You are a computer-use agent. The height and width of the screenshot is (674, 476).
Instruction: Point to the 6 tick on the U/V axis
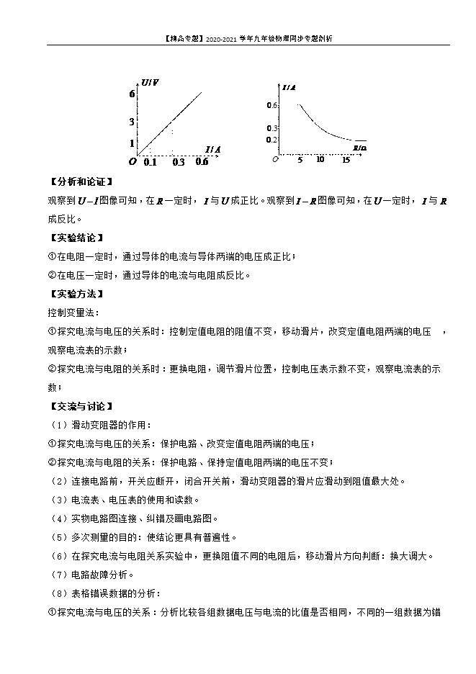tap(133, 94)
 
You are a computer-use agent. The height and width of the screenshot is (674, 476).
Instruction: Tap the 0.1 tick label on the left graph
tap(150, 162)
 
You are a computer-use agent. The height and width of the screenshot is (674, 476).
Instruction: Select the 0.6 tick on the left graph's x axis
tap(202, 162)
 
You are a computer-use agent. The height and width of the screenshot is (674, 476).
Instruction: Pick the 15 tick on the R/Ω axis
tap(346, 159)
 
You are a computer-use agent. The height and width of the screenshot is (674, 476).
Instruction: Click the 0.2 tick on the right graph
tap(271, 140)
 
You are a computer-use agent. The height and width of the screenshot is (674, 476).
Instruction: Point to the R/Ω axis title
tap(359, 148)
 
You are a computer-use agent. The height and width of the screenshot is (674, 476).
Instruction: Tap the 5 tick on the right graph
tap(299, 159)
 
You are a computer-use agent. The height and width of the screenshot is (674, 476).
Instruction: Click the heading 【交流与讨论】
tap(80, 406)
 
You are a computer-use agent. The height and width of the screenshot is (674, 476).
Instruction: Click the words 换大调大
tap(412, 556)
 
